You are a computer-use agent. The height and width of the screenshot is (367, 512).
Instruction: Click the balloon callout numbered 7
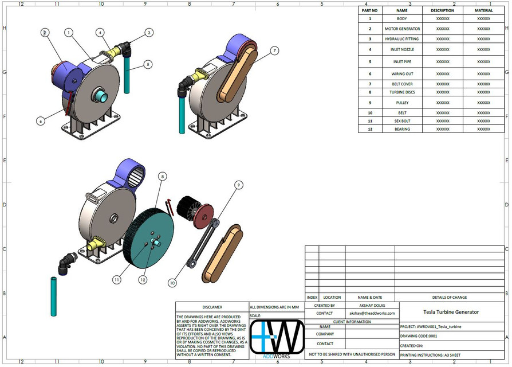[274, 51]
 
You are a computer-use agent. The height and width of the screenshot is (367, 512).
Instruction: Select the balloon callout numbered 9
[239, 185]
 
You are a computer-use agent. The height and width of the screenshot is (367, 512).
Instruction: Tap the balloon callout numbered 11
[117, 279]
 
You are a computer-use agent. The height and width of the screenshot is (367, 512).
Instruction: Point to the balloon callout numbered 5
[148, 65]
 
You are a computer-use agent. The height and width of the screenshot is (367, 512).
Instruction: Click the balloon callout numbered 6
[41, 121]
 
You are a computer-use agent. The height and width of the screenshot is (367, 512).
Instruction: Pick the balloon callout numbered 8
[163, 177]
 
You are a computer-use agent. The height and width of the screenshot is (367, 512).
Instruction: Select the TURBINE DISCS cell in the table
[402, 92]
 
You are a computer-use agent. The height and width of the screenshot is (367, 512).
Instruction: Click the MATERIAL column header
[483, 10]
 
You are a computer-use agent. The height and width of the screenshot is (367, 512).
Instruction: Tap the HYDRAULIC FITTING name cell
[402, 39]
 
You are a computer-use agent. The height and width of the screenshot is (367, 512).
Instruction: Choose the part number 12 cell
[370, 129]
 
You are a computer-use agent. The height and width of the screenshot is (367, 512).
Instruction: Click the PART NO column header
[370, 10]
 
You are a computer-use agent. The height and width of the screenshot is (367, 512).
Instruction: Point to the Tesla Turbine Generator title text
[451, 312]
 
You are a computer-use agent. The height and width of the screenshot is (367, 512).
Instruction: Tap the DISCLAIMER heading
[212, 307]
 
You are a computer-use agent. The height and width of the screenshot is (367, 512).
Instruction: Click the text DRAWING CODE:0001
[419, 336]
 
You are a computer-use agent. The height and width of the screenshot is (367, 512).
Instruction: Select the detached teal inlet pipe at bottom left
[53, 296]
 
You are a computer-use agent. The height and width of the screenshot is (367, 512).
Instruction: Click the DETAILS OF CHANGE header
[451, 297]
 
